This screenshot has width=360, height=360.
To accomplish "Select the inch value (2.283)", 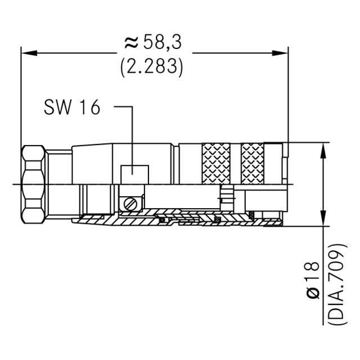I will click(x=152, y=66).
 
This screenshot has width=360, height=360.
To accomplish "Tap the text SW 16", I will click(x=71, y=107).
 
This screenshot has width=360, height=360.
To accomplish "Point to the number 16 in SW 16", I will click(x=88, y=107).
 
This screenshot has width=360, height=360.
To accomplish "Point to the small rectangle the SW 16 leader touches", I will click(x=134, y=174).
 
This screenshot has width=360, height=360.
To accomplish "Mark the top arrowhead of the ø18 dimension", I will click(x=323, y=150).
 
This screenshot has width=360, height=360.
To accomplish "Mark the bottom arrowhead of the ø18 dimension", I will click(x=323, y=220).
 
